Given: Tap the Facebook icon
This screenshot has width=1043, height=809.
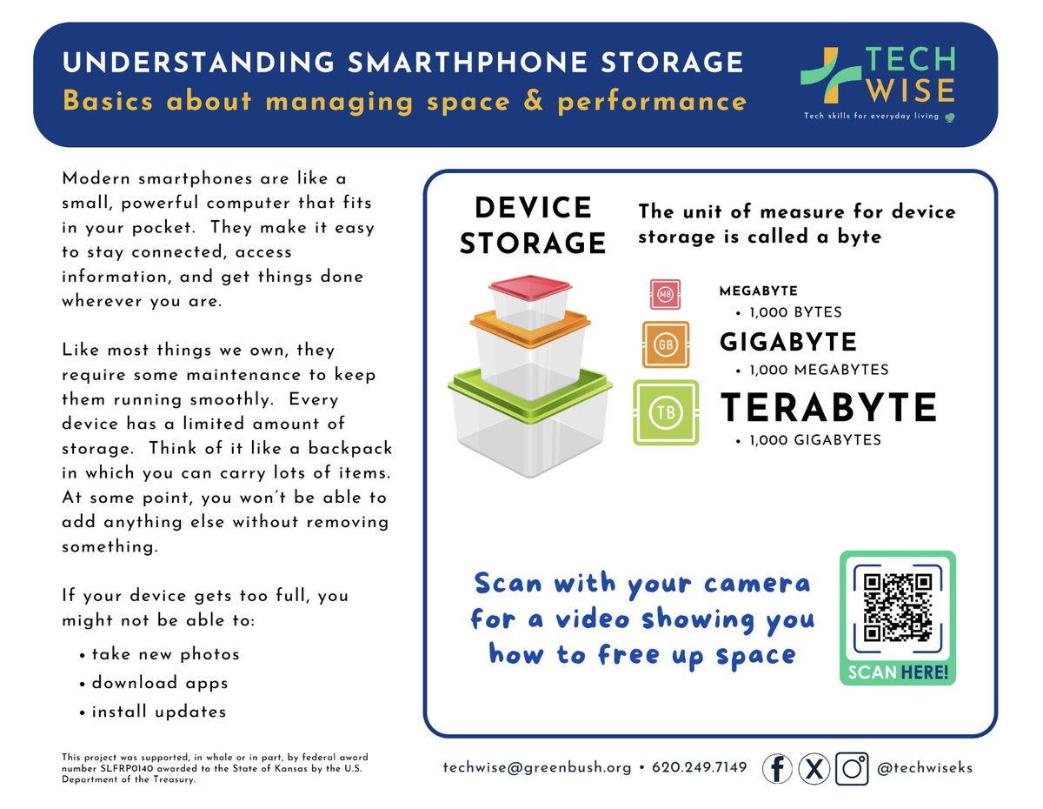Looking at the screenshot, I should tap(777, 768).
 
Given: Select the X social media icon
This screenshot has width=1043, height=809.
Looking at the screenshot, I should tap(814, 768).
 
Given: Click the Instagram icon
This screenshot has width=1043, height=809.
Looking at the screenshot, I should tap(852, 768).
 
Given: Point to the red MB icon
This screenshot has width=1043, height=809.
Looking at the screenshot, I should tap(665, 294).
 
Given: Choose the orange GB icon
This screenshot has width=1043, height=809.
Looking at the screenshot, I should tap(666, 344).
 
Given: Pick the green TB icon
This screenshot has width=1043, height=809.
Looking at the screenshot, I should tap(666, 412).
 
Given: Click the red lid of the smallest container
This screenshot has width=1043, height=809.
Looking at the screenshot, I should tap(530, 286).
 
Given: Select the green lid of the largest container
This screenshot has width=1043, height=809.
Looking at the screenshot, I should tap(530, 387).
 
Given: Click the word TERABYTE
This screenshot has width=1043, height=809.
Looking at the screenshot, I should tap(829, 408).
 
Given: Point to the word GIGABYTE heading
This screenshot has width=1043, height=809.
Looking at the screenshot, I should tap(788, 342).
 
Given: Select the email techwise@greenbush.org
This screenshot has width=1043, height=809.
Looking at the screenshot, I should tap(537, 768).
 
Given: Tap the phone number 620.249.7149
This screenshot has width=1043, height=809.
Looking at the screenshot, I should tap(698, 768).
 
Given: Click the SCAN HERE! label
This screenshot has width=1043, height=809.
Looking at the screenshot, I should tap(898, 672).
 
